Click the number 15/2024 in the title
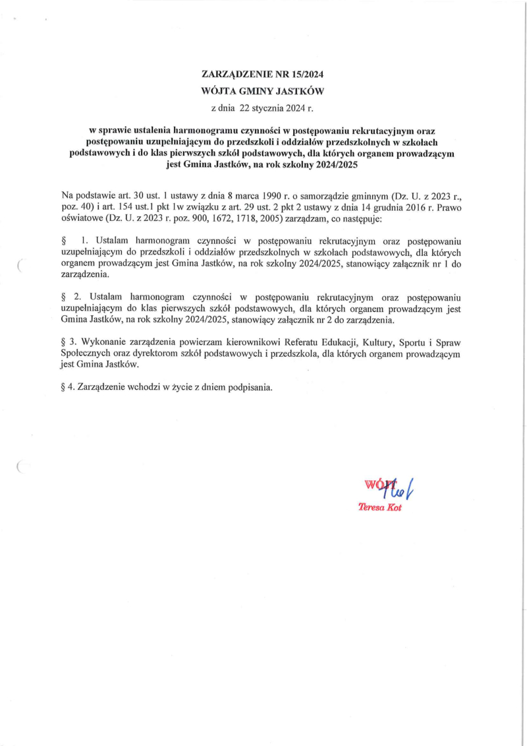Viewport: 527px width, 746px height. (308, 74)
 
